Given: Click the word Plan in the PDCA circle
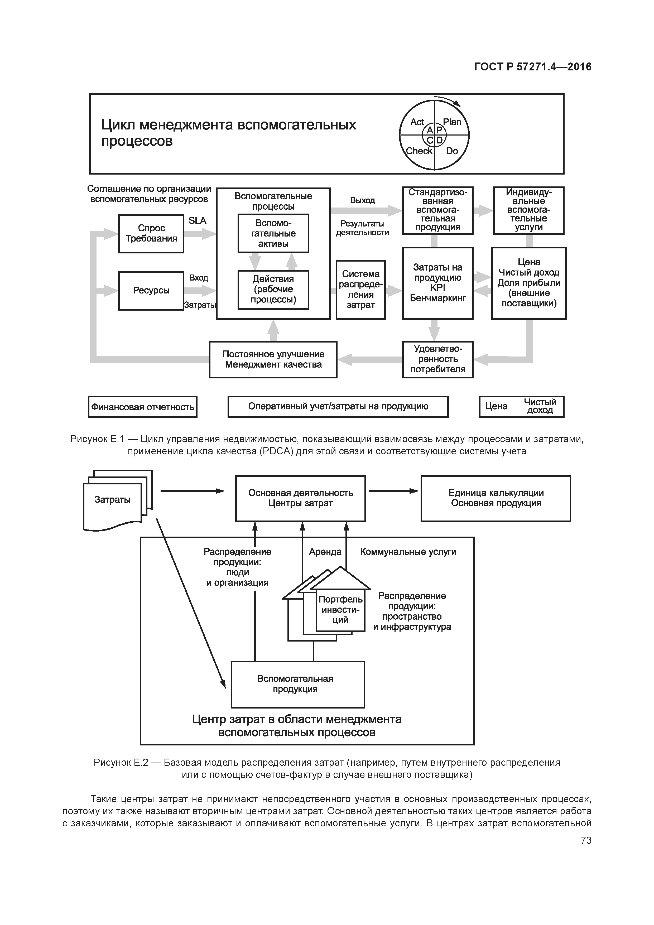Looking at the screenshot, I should [452, 122].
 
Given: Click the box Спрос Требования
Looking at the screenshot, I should [151, 234].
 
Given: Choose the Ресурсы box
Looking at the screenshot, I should [151, 291].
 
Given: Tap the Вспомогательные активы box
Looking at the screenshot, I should [273, 233].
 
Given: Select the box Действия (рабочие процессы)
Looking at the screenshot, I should [273, 289].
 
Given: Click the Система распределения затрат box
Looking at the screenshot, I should [361, 290].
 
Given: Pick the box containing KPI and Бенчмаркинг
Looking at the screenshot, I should [437, 283].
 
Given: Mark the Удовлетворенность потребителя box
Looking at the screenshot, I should [437, 359].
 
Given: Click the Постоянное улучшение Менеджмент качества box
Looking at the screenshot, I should [273, 359].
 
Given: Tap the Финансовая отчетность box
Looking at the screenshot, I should [143, 407].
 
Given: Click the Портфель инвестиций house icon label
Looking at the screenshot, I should [340, 610].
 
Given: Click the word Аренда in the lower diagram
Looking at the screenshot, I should [325, 552].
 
